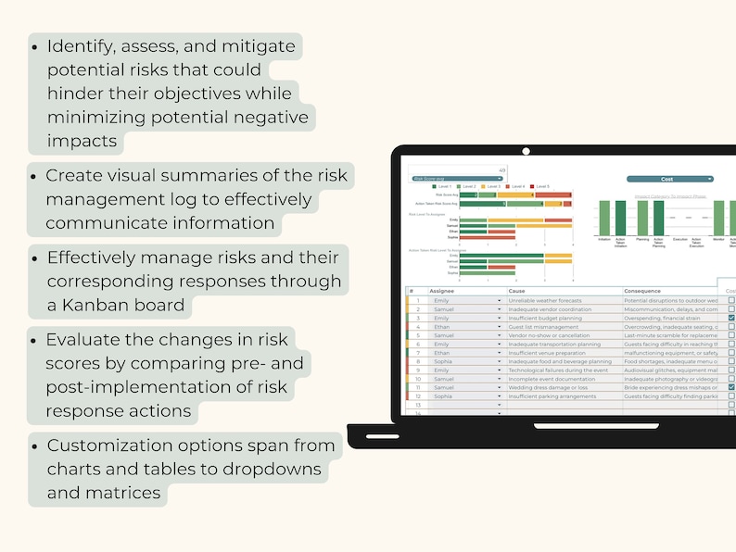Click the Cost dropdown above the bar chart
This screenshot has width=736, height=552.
[x=669, y=178]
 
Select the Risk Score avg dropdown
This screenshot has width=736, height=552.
[x=457, y=178]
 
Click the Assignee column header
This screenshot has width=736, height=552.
[x=442, y=291]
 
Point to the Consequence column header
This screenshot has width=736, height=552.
[x=643, y=291]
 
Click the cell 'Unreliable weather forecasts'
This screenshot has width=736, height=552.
[x=545, y=300]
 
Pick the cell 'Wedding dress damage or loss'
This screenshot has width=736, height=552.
[x=548, y=387]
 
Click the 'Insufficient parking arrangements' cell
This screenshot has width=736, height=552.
[x=552, y=396]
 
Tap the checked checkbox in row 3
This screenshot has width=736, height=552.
[x=731, y=318]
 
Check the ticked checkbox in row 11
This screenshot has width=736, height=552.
[x=731, y=387]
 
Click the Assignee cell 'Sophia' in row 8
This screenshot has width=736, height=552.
[x=442, y=361]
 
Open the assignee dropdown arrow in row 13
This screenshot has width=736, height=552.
[x=499, y=405]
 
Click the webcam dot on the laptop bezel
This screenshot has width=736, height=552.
[x=526, y=150]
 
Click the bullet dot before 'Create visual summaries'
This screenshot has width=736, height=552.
[x=34, y=175]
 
